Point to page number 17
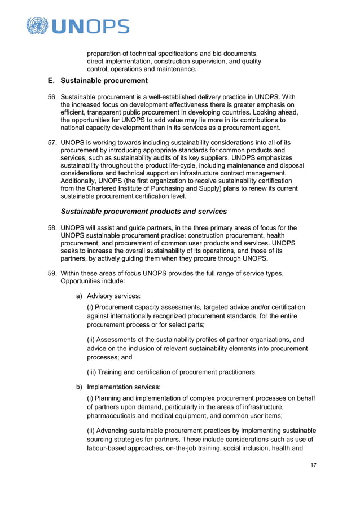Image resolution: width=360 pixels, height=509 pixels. (x=313, y=465)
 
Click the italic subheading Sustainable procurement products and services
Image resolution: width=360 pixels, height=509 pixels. (x=144, y=212)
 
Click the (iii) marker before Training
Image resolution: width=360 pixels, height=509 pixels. (x=93, y=372)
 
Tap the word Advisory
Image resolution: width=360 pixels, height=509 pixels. (x=102, y=295)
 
